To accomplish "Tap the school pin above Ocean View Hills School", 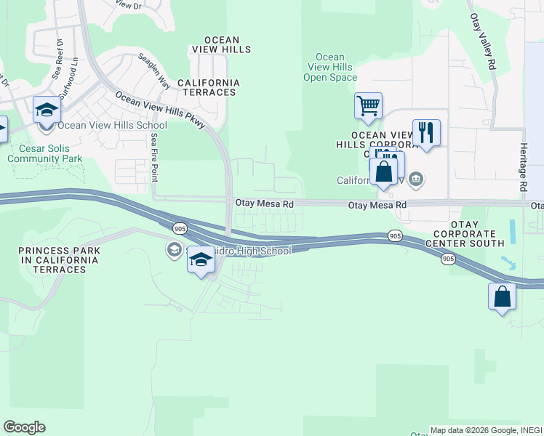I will pos(47,110).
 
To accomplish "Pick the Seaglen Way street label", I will pos(154,72).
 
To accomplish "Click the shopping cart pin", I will pos(368,106).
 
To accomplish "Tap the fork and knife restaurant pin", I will pos(426,133).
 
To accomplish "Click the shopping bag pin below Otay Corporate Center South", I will pos(502,296).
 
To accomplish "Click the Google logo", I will pos(24,427).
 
